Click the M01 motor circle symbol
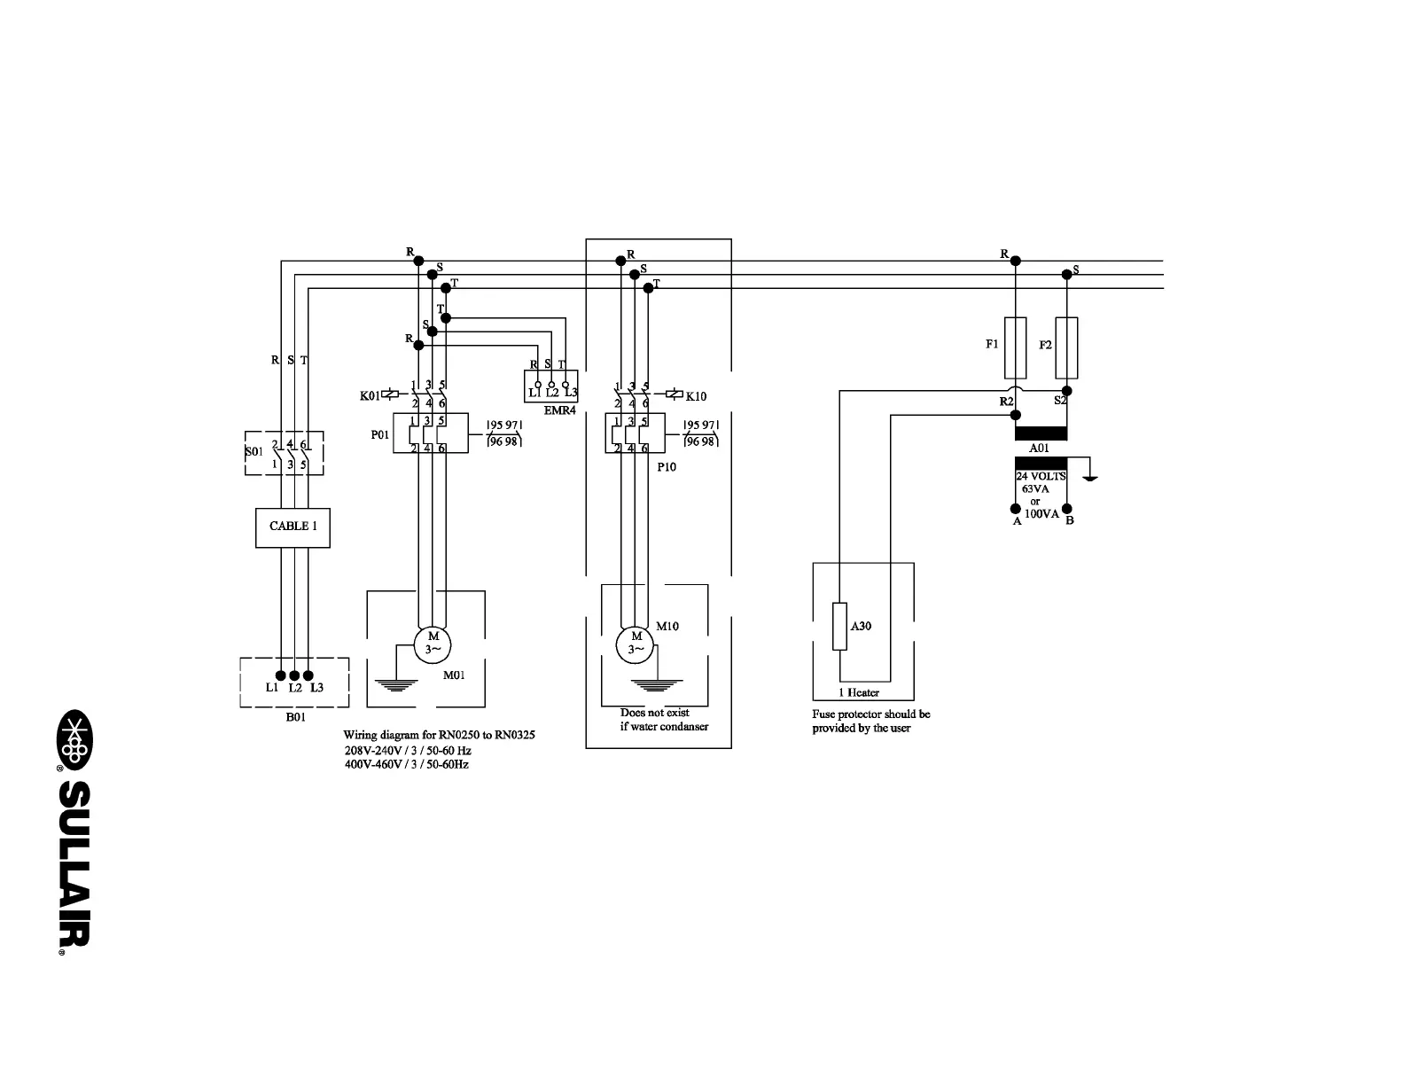coord(433,643)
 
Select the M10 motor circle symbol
coord(636,643)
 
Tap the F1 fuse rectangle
coord(1015,347)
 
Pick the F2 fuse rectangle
coord(1067,347)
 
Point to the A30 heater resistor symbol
coord(839,626)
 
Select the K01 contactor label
coord(370,395)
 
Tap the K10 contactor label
coord(696,396)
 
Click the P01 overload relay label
coord(379,435)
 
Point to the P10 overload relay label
coord(667,467)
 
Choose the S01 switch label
coord(254,451)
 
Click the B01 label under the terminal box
coord(295,717)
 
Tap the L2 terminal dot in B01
coord(294,675)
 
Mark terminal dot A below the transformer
coord(1016,509)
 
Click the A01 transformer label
coord(1039,449)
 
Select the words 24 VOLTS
coord(1041,476)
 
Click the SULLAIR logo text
coord(74,870)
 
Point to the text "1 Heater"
coord(859,693)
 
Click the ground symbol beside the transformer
coord(1090,477)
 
